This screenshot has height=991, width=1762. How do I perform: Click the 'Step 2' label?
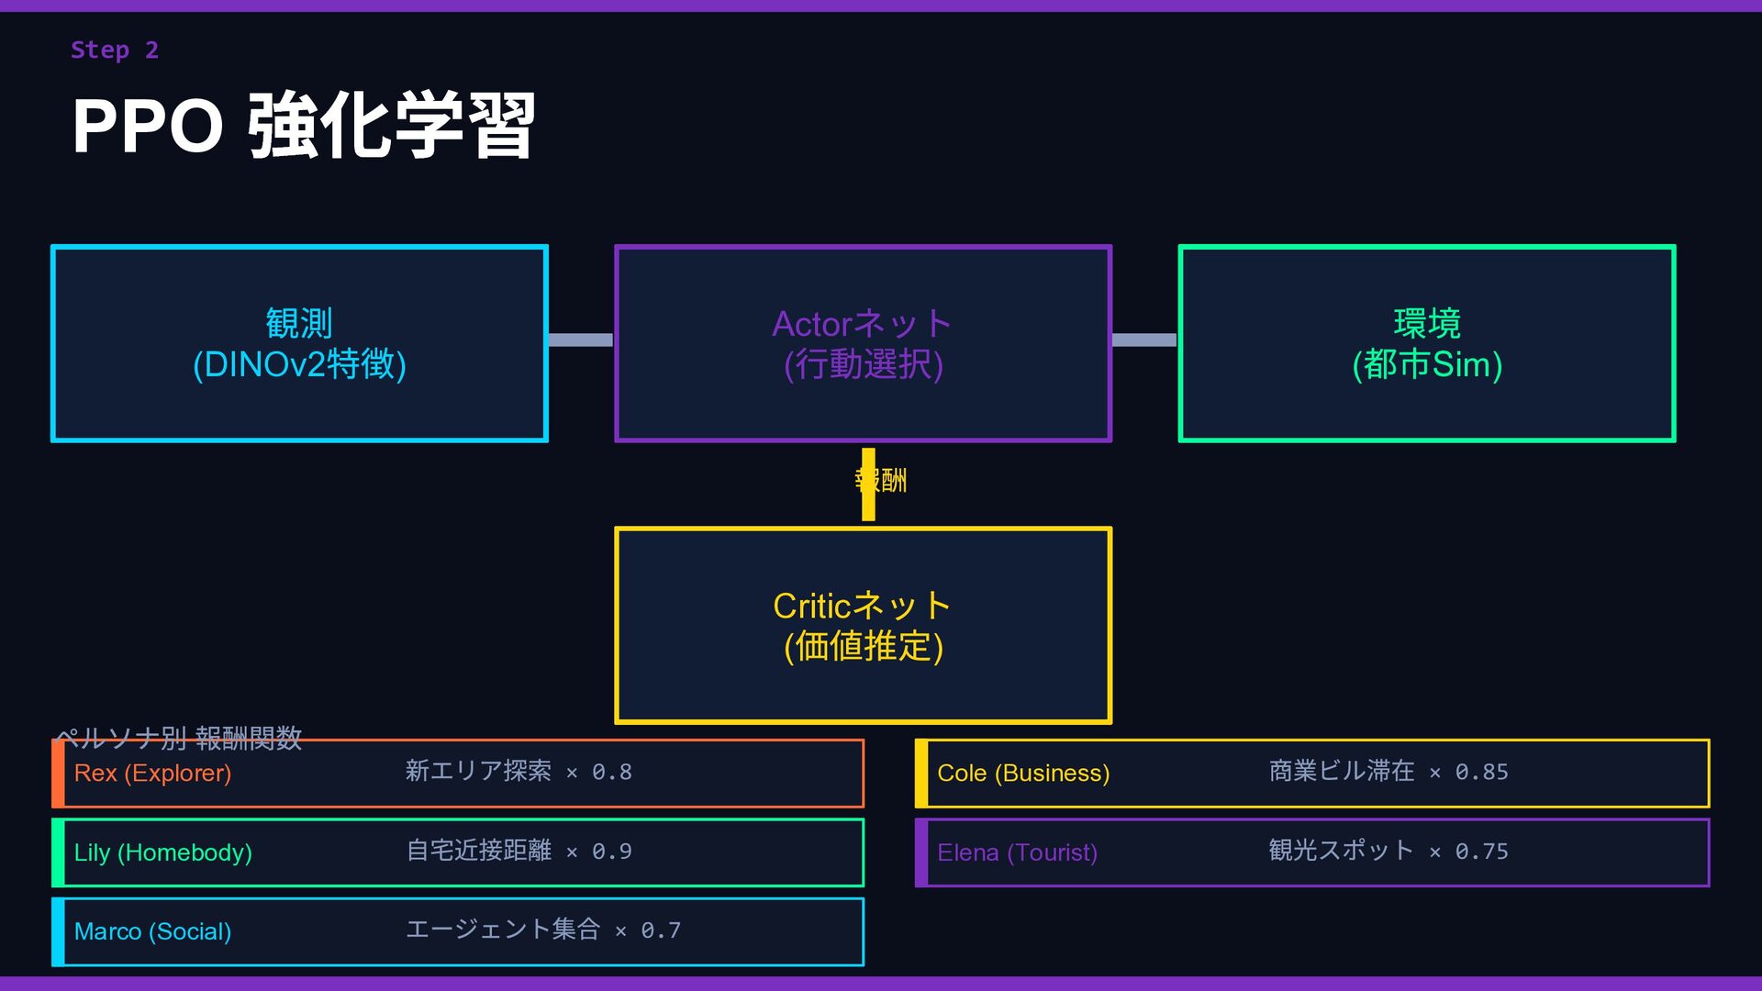[115, 50]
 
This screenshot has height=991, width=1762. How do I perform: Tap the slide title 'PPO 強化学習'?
[303, 126]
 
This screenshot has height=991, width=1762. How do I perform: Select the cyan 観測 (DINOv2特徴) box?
[299, 343]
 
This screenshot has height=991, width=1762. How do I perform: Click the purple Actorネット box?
[863, 343]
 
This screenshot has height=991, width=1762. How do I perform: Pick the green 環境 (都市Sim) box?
[1426, 343]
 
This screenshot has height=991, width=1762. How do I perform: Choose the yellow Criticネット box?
[863, 625]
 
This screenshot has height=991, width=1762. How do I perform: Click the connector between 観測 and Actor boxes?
[580, 340]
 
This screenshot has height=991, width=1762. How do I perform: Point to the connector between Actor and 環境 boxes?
[1143, 340]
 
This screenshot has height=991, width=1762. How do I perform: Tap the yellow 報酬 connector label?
[881, 480]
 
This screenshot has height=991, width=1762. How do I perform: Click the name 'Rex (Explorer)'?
[152, 773]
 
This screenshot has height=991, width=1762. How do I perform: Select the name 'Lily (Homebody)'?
[162, 852]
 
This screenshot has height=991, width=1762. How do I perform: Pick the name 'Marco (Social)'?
[152, 931]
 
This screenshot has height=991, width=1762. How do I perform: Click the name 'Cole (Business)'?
[1023, 773]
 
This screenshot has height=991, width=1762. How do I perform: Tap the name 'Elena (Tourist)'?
[1017, 852]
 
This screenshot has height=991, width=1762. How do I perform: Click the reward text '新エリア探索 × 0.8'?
[519, 772]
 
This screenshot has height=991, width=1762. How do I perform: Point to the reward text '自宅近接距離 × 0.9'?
[519, 851]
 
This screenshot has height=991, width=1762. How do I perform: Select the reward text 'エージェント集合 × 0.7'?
[543, 930]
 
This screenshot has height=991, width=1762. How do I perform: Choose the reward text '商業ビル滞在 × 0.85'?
[1388, 772]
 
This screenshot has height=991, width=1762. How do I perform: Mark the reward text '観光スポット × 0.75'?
[1388, 851]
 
